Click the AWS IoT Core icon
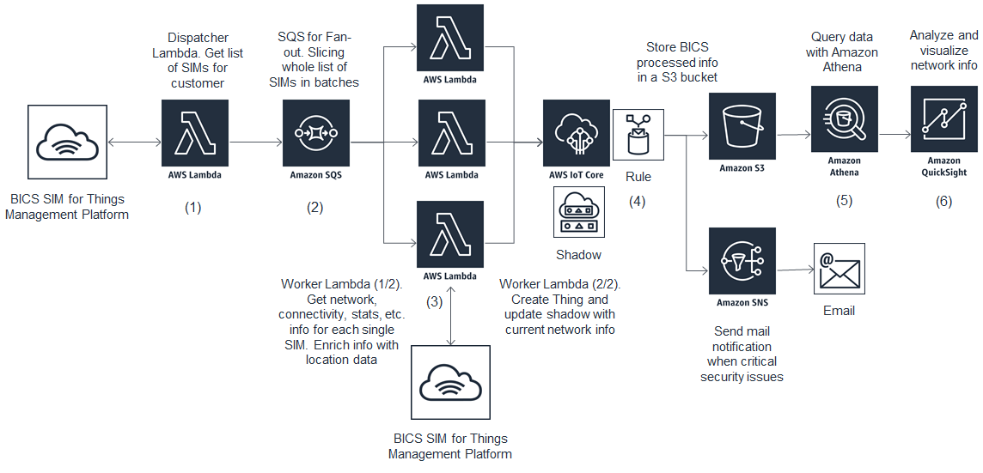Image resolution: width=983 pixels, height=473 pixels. tap(577, 133)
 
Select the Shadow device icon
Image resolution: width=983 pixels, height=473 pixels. tap(577, 213)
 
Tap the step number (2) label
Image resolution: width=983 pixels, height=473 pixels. tap(315, 207)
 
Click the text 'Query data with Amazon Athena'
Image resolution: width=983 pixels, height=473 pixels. tap(844, 52)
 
